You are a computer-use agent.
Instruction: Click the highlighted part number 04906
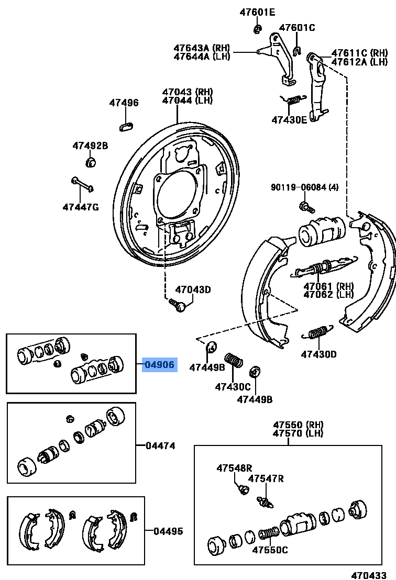click(160, 364)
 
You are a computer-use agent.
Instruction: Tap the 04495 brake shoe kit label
click(168, 531)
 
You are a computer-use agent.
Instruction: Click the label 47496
click(124, 103)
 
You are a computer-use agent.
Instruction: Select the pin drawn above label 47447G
click(82, 184)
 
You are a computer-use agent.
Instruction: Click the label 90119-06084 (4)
click(305, 187)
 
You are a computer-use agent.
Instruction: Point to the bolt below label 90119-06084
click(306, 206)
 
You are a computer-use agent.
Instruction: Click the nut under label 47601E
click(257, 29)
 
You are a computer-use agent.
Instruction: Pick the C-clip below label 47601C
click(296, 50)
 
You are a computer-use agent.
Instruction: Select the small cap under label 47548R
click(243, 489)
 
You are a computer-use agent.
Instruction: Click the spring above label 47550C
click(268, 534)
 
